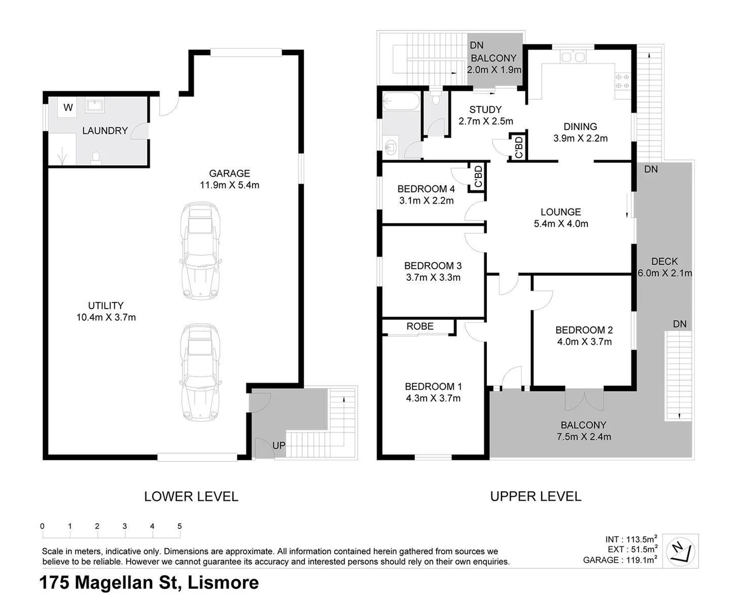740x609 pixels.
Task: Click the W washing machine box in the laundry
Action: [68, 107]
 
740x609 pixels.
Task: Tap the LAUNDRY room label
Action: [105, 131]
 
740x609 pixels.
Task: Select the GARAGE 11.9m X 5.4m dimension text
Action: [229, 185]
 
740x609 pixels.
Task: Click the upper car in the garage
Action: [200, 251]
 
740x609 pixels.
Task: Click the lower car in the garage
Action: [200, 372]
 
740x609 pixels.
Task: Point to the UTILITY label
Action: [106, 306]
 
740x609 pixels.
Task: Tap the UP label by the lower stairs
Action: [279, 445]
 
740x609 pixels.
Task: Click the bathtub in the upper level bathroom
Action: [401, 101]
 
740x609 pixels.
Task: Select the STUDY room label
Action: [486, 109]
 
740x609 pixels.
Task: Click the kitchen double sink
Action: [573, 56]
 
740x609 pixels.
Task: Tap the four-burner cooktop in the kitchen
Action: [622, 81]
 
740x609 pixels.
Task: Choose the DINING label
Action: [581, 126]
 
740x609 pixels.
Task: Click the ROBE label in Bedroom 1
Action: [420, 326]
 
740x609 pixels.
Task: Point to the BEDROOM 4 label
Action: [426, 189]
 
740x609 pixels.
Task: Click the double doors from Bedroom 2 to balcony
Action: [584, 399]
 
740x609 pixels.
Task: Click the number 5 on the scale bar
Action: [180, 526]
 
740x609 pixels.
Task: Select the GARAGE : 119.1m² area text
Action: [620, 560]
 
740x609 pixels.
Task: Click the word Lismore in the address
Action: [223, 582]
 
